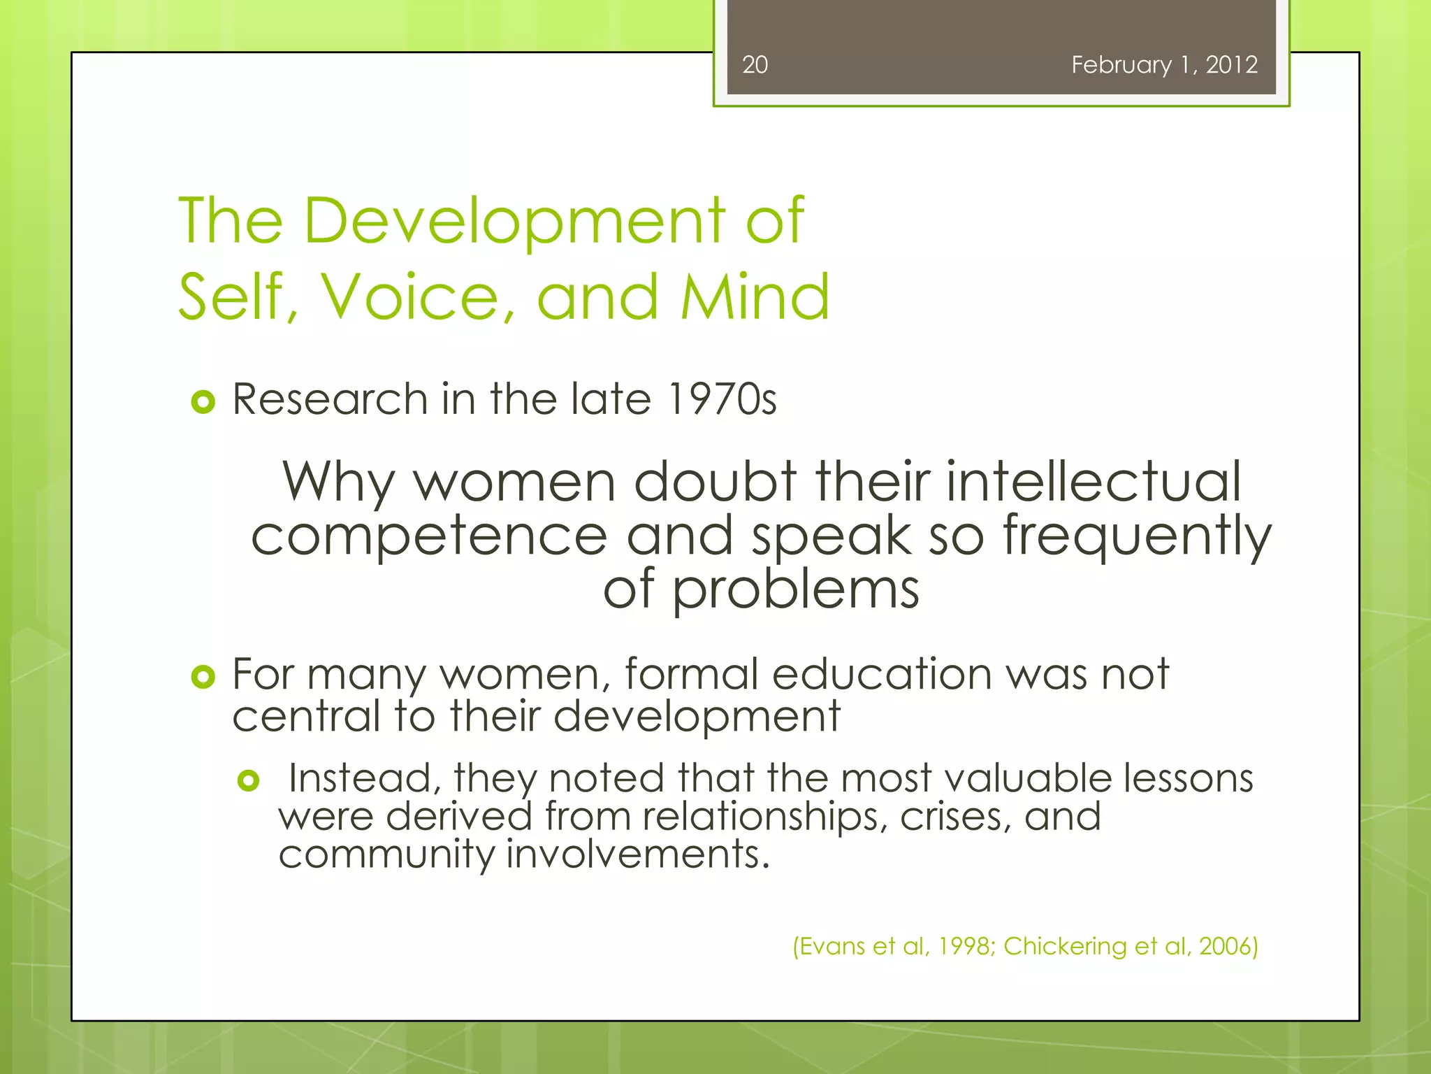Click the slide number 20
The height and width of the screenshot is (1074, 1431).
(x=755, y=65)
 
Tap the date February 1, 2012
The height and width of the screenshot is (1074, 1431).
(x=1164, y=65)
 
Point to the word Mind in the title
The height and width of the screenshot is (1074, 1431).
(x=755, y=298)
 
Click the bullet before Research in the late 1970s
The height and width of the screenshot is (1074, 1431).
(x=203, y=402)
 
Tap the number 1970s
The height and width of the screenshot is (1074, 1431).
(x=721, y=400)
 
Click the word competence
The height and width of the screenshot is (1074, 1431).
(x=429, y=536)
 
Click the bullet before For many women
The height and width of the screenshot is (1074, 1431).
(x=203, y=676)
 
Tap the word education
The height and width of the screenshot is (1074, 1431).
(x=882, y=674)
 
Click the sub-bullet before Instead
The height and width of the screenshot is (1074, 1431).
(x=248, y=780)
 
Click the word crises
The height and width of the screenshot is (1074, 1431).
(x=955, y=817)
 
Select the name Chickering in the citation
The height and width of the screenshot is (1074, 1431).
(x=1065, y=947)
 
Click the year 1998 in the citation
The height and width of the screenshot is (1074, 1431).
(x=964, y=947)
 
